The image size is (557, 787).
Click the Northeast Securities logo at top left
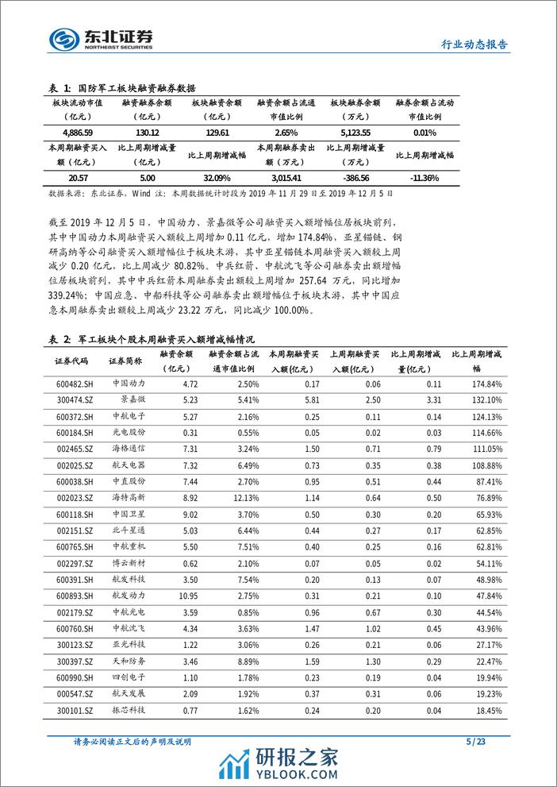pyautogui.click(x=101, y=38)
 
